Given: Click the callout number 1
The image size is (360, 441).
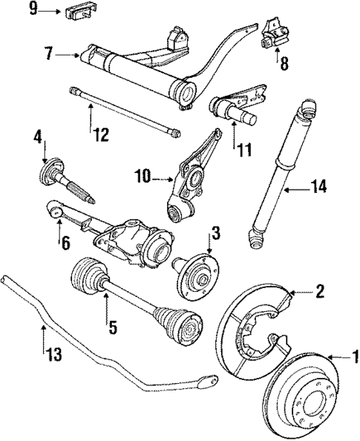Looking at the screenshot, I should tap(353, 359).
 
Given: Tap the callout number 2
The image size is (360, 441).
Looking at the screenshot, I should tap(319, 291).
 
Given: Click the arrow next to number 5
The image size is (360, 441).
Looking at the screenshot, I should tap(106, 307).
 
